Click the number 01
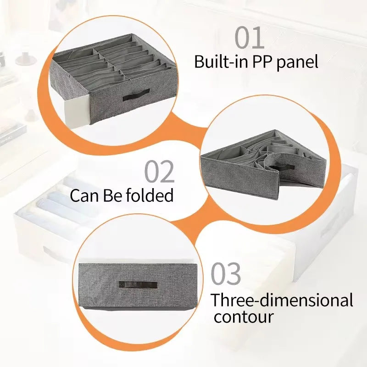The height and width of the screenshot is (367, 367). (249, 38)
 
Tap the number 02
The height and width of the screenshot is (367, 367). (160, 172)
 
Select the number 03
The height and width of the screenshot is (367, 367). (226, 273)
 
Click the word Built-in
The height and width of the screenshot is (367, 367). (221, 61)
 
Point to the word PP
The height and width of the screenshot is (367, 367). (261, 62)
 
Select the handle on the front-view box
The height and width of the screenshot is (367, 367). (138, 284)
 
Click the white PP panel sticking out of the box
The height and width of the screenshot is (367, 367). (77, 113)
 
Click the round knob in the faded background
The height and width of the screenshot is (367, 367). (26, 59)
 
